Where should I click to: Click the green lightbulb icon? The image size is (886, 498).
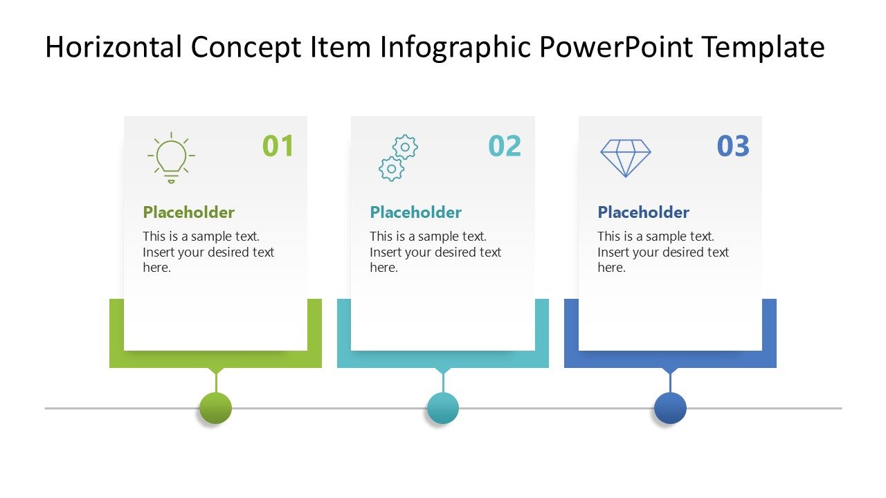coord(171,158)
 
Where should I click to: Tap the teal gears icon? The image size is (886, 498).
coord(398,158)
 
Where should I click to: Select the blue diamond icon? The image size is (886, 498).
coord(625,158)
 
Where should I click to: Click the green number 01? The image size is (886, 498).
coord(278,147)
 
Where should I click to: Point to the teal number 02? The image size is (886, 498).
coord(505,147)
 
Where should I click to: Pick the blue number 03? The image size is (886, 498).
coord(733,147)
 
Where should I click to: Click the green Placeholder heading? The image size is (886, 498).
coord(188,212)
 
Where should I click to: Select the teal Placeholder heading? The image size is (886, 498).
coord(415,212)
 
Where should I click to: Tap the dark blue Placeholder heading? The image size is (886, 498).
coord(643,212)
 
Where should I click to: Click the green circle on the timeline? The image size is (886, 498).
coord(215,408)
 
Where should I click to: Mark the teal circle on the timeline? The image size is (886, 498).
coord(443,408)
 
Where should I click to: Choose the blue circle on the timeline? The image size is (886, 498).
coord(670,408)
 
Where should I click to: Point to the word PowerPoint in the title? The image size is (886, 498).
coord(616,47)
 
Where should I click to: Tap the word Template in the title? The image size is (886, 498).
coord(763,47)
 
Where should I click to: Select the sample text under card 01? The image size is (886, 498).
coord(208,252)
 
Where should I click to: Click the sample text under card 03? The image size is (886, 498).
coord(663,252)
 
